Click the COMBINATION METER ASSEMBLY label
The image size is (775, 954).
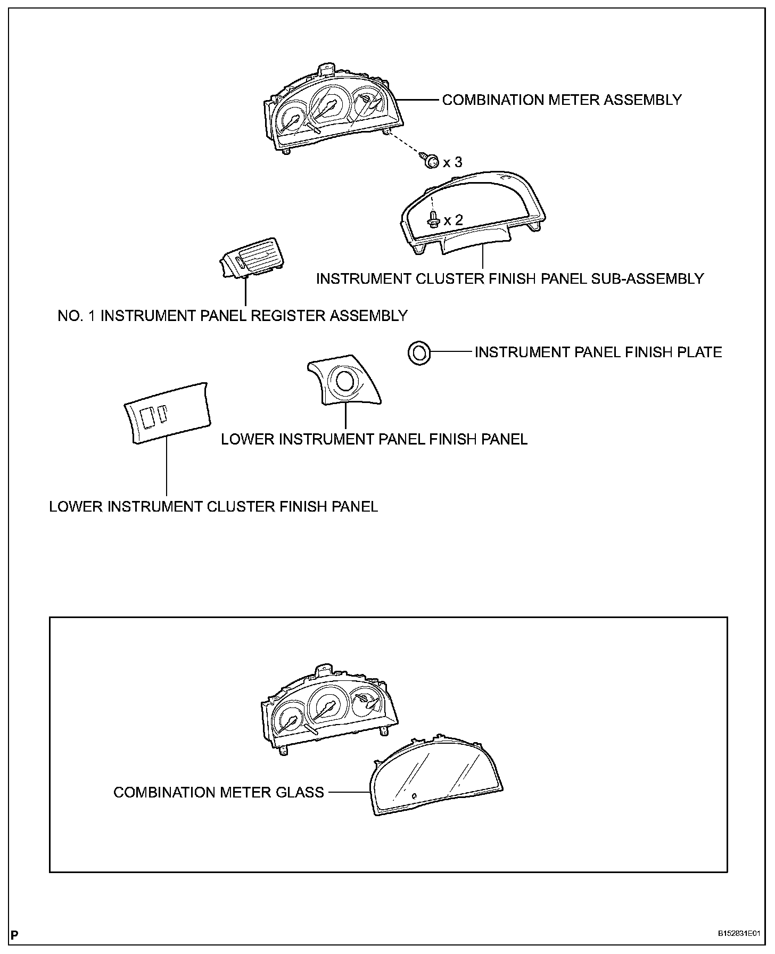click(562, 100)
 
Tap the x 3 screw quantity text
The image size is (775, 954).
click(452, 162)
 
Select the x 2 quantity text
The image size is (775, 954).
click(453, 220)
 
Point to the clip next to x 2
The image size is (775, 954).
click(433, 218)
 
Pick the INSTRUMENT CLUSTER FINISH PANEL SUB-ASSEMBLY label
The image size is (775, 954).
click(510, 278)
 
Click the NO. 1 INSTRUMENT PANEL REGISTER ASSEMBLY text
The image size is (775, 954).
click(233, 316)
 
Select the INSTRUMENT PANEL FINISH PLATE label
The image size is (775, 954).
click(598, 352)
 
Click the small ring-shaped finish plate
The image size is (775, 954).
click(418, 352)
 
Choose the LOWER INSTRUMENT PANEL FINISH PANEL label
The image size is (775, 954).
click(374, 439)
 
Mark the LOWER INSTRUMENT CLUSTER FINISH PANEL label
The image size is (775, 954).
click(213, 506)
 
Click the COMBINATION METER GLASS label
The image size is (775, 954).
click(219, 792)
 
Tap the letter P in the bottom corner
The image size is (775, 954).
click(14, 934)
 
